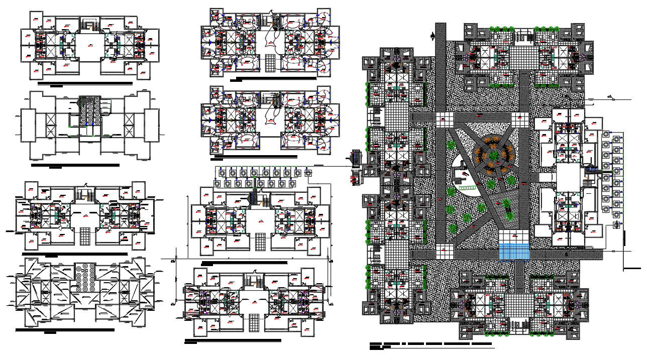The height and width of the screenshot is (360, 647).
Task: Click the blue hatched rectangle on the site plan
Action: [514, 251]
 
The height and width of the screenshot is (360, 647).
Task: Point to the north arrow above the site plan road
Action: [433, 36]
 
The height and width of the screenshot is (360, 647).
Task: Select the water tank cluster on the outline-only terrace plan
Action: [90, 111]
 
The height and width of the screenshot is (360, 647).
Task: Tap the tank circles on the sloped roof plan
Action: [85, 277]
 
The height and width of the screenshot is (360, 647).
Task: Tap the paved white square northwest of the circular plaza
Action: [443, 118]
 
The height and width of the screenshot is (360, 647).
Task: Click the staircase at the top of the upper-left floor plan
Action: [90, 25]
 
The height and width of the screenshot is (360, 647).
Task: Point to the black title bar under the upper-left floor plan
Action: [85, 83]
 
